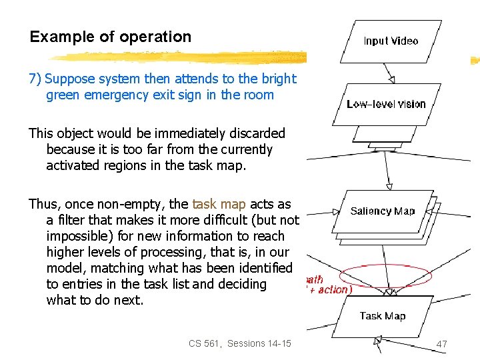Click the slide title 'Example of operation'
click(111, 37)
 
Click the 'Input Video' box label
click(391, 41)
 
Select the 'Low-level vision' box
click(386, 104)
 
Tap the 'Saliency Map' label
click(383, 211)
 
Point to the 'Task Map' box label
click(383, 316)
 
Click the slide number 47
click(441, 344)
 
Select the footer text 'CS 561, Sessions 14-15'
click(240, 343)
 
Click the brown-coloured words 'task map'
click(219, 204)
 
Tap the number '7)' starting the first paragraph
click(35, 79)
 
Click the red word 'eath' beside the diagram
click(315, 279)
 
